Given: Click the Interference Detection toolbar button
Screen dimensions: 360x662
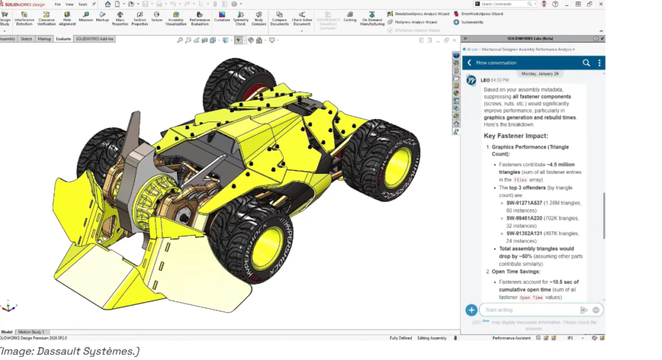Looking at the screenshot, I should (x=25, y=17).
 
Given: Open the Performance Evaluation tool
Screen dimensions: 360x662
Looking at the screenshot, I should (x=200, y=17).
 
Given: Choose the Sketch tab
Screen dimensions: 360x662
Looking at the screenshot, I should (x=26, y=39).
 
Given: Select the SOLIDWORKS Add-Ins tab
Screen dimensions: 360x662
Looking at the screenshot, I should (x=94, y=39).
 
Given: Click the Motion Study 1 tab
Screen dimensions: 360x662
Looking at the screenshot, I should (x=31, y=332).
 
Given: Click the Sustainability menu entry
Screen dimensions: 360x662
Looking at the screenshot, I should (x=475, y=22).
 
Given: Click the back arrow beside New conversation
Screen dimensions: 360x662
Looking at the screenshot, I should (x=469, y=63).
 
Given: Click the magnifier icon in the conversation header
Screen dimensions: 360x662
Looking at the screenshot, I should (x=586, y=63).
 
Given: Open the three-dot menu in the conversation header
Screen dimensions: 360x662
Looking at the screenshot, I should (x=600, y=63).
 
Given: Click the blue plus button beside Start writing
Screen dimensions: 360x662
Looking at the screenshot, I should (x=471, y=310).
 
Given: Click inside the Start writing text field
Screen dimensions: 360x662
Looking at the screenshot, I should (x=530, y=310).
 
